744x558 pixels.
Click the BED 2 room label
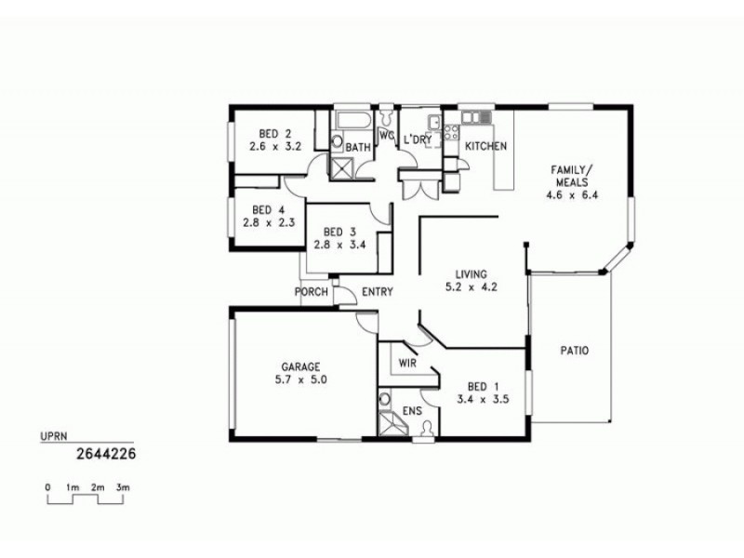pyautogui.click(x=263, y=133)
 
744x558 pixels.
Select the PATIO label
pyautogui.click(x=574, y=351)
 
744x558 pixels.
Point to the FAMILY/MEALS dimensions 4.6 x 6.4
pyautogui.click(x=571, y=195)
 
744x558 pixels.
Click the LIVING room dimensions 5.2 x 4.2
pyautogui.click(x=472, y=287)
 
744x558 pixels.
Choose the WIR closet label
pyautogui.click(x=405, y=362)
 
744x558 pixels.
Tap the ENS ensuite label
pyautogui.click(x=412, y=410)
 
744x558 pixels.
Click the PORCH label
pyautogui.click(x=311, y=292)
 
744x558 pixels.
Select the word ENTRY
pyautogui.click(x=377, y=292)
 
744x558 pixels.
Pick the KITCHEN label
pyautogui.click(x=485, y=147)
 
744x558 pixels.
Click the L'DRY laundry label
pyautogui.click(x=418, y=139)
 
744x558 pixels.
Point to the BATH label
pyautogui.click(x=359, y=148)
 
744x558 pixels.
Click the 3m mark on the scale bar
pyautogui.click(x=123, y=487)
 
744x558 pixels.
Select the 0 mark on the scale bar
pyautogui.click(x=47, y=487)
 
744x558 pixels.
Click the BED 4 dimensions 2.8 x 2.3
pyautogui.click(x=268, y=223)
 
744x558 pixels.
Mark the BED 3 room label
pyautogui.click(x=335, y=232)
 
